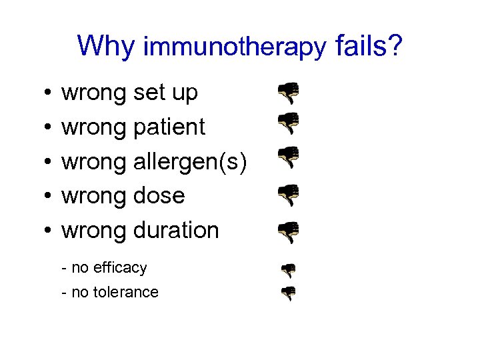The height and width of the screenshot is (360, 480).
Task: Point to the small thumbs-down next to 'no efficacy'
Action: click(x=288, y=269)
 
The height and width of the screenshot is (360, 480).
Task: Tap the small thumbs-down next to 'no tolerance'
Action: click(x=288, y=293)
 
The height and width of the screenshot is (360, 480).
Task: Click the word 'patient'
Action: click(x=169, y=127)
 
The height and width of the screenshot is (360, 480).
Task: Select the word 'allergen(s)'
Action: click(x=191, y=162)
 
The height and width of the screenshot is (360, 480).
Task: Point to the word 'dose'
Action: click(x=159, y=196)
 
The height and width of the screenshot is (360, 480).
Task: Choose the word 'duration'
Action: click(x=176, y=230)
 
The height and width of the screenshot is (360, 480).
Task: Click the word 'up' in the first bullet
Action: click(x=185, y=94)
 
